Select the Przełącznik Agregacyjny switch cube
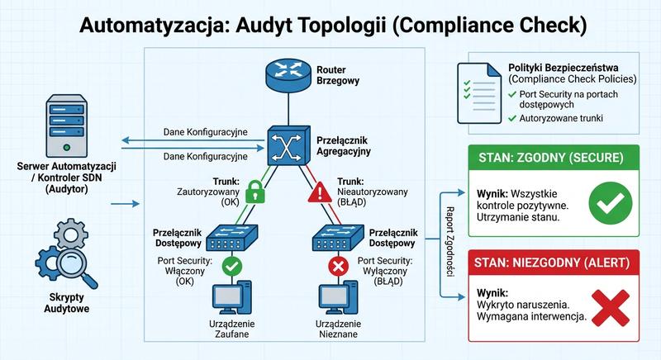click(285, 149)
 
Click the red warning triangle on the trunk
click(318, 195)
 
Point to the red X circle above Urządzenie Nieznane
click(337, 266)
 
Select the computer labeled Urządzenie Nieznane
click(338, 299)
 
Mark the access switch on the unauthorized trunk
click(337, 238)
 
